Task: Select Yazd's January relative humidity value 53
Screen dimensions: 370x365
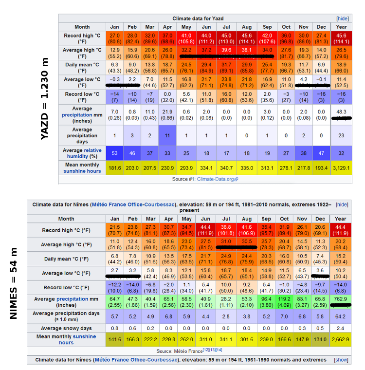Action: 115,153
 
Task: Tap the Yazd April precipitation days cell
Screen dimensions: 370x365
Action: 167,135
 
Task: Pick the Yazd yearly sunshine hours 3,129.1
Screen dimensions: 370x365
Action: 342,168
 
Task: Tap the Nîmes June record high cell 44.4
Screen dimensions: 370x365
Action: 206,230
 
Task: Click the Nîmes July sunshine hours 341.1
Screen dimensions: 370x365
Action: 227,339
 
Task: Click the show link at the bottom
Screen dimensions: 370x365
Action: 341,360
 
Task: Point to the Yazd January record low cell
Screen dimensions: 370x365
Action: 115,96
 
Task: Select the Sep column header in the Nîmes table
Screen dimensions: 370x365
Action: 267,219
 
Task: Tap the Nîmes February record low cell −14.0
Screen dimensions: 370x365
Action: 132,288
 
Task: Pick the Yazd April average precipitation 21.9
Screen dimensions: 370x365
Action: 167,115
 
